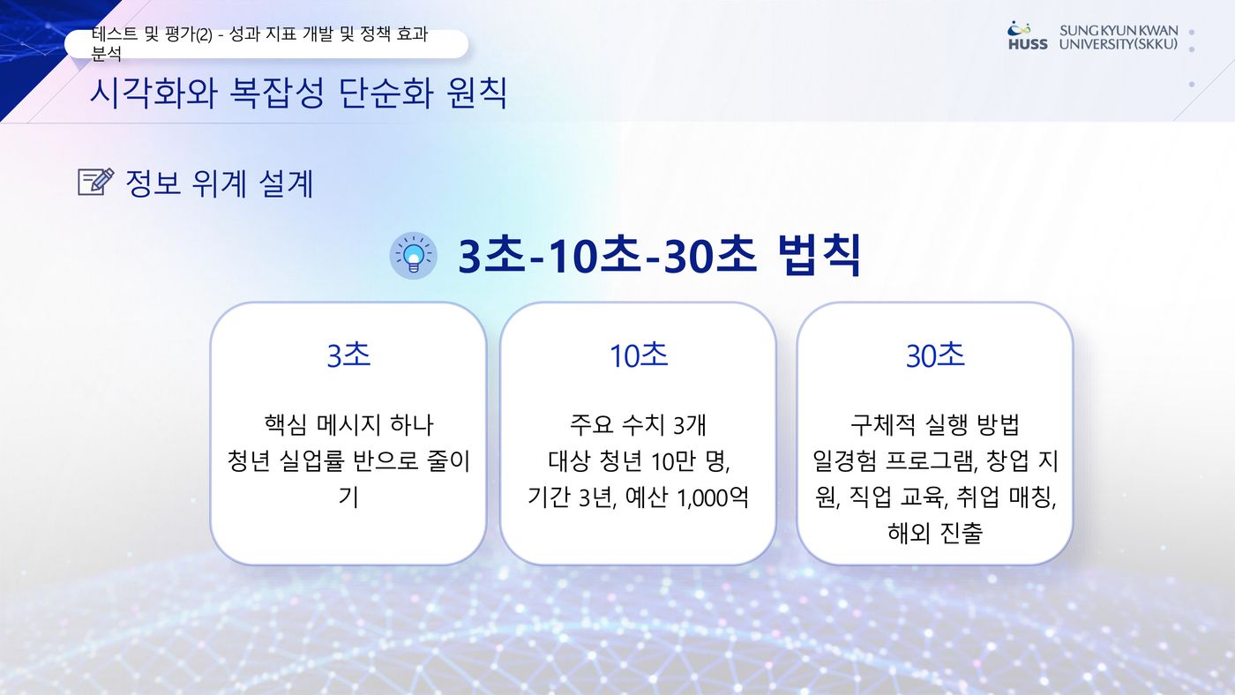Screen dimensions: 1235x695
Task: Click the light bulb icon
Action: (x=414, y=255)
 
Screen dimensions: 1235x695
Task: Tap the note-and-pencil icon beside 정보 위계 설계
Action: (x=96, y=182)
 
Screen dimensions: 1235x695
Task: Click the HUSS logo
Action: (x=1028, y=36)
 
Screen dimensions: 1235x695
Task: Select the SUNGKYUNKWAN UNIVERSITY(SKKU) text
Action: (x=1119, y=37)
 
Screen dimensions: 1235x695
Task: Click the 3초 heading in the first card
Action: (x=348, y=355)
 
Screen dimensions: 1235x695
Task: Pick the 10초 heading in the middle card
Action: (x=639, y=355)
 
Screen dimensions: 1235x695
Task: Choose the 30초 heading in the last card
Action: (x=935, y=355)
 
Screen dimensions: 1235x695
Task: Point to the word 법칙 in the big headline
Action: (x=820, y=255)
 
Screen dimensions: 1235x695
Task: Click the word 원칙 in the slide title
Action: (x=477, y=93)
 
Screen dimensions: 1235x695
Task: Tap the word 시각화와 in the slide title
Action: (x=153, y=93)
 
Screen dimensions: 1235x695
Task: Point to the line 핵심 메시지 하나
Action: (x=348, y=424)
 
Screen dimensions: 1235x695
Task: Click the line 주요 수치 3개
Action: (x=638, y=424)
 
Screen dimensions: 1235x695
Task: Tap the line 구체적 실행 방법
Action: (x=935, y=424)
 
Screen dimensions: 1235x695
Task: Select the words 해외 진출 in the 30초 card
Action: (x=935, y=533)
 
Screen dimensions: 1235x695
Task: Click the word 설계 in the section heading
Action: (x=286, y=183)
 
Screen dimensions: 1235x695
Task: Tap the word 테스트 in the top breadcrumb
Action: (x=114, y=34)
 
